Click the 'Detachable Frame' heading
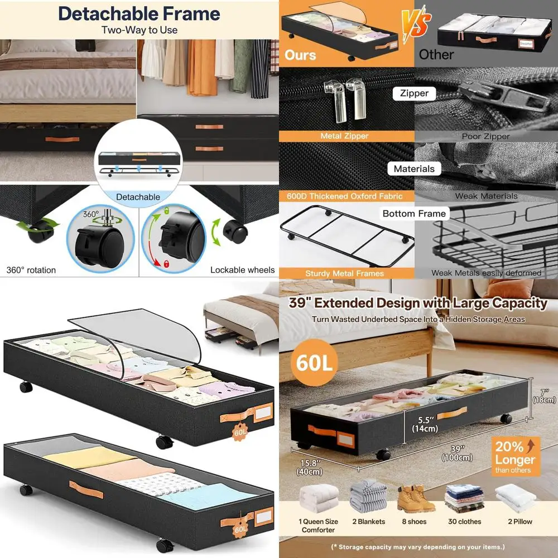139,13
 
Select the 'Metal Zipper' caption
344,136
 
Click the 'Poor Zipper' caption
485,136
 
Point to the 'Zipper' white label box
414,94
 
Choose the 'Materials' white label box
414,169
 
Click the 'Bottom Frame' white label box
414,214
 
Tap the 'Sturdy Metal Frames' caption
344,273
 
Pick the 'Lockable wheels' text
242,270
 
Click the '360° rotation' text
31,270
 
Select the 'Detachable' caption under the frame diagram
138,196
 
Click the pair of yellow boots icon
416,498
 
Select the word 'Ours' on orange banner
300,55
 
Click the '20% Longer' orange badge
514,455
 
